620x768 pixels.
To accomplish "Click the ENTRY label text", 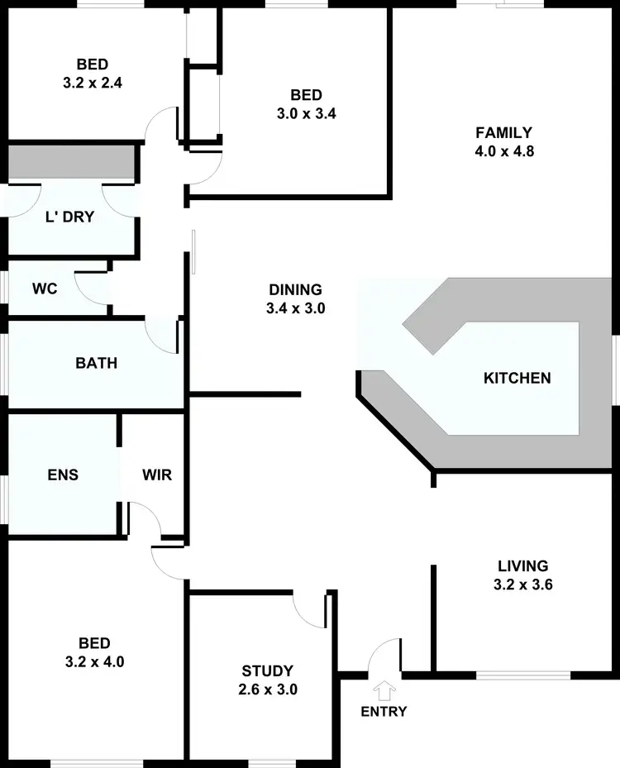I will pyautogui.click(x=384, y=711).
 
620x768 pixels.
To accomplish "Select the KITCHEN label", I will pyautogui.click(x=517, y=379).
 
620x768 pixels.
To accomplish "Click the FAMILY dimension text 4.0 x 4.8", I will pyautogui.click(x=503, y=151).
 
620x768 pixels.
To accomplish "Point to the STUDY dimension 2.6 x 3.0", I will pyautogui.click(x=267, y=689).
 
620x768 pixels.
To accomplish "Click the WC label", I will pyautogui.click(x=44, y=289).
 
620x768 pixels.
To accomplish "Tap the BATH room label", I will pyautogui.click(x=96, y=363).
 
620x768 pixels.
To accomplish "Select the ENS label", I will pyautogui.click(x=63, y=475).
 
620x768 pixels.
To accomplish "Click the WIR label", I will pyautogui.click(x=156, y=475).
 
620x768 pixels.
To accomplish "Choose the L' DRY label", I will pyautogui.click(x=69, y=218).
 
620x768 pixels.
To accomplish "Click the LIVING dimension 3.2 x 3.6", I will pyautogui.click(x=522, y=585).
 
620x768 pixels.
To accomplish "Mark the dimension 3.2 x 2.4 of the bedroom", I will pyautogui.click(x=93, y=83).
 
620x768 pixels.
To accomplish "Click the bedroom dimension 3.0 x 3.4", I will pyautogui.click(x=306, y=114).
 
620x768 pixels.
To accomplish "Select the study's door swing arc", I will pyautogui.click(x=306, y=608).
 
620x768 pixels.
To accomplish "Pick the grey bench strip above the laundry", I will pyautogui.click(x=71, y=163).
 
